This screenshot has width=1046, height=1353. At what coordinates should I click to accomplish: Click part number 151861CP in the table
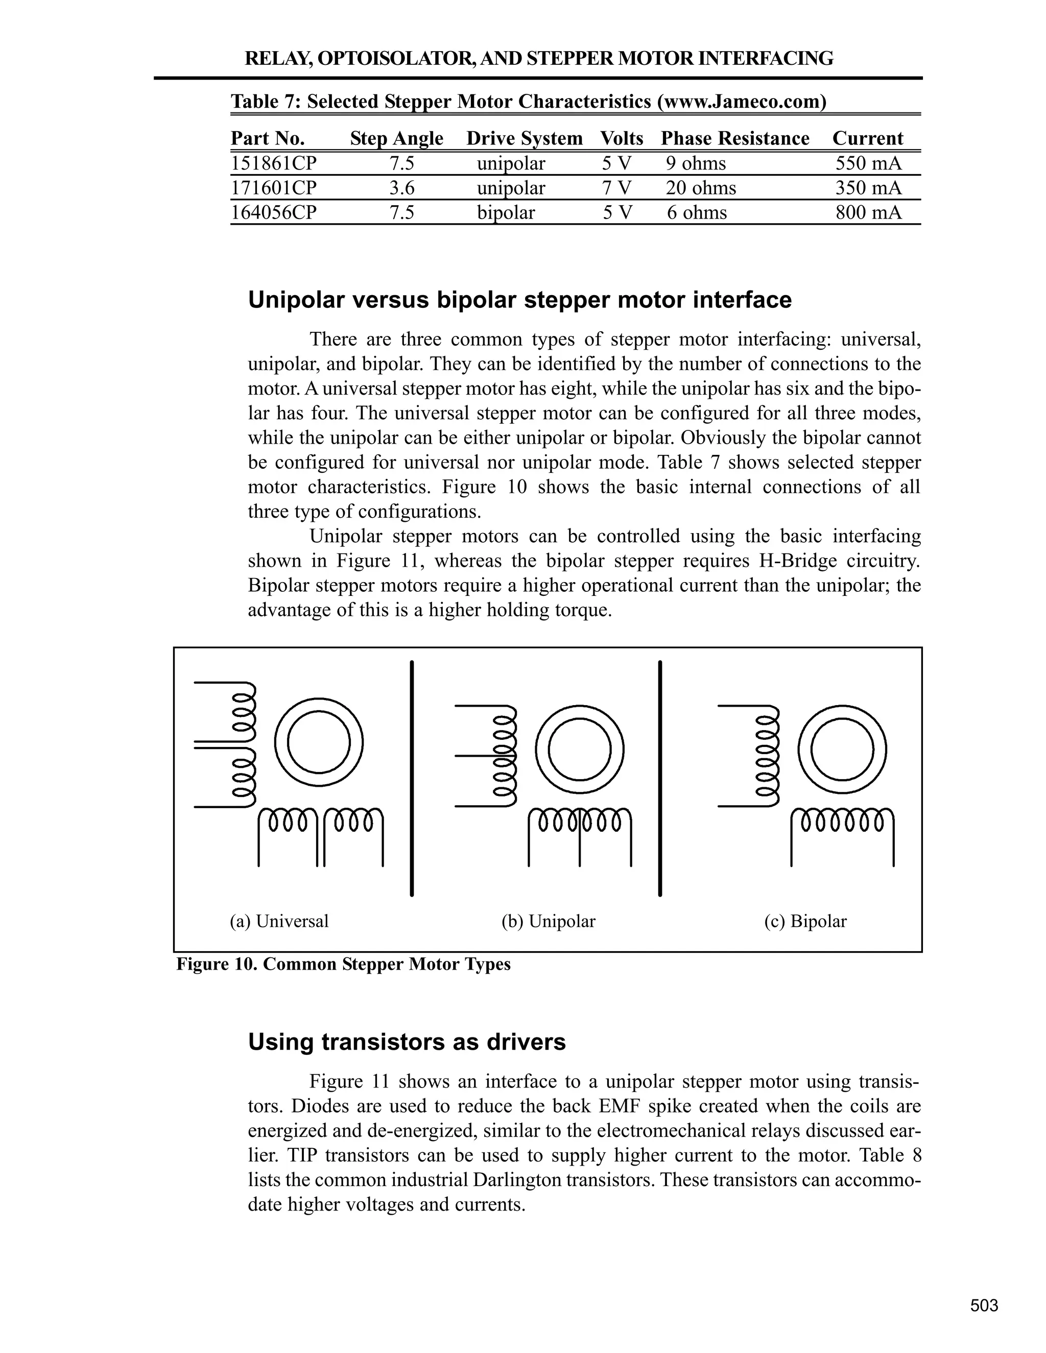coord(273,163)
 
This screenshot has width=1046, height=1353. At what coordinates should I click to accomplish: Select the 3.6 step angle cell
coord(401,188)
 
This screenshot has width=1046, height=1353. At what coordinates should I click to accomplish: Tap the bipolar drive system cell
coord(505,212)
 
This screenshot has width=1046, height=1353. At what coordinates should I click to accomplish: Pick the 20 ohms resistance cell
coord(701,188)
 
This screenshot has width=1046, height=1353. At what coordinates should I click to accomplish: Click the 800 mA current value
coord(868,212)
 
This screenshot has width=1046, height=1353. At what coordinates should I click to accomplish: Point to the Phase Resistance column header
coord(735,138)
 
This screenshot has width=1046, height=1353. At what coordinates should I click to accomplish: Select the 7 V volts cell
coord(616,188)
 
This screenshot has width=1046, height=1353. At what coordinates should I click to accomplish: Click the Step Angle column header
coord(396,138)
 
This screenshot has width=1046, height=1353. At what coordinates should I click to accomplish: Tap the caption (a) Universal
coord(279,921)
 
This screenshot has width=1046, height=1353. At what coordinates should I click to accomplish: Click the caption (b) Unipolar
coord(548,921)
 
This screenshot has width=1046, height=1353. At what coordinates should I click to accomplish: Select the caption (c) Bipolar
coord(805,921)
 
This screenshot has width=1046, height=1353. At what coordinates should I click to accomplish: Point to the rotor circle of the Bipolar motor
coord(842,749)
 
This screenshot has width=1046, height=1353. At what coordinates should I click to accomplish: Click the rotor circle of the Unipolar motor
coord(579,749)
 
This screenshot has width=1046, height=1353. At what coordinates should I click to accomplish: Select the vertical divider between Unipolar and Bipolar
coord(660,778)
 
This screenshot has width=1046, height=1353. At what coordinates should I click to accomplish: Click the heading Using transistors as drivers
coord(407,1042)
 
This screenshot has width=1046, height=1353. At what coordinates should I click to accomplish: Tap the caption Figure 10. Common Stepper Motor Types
coord(343,964)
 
